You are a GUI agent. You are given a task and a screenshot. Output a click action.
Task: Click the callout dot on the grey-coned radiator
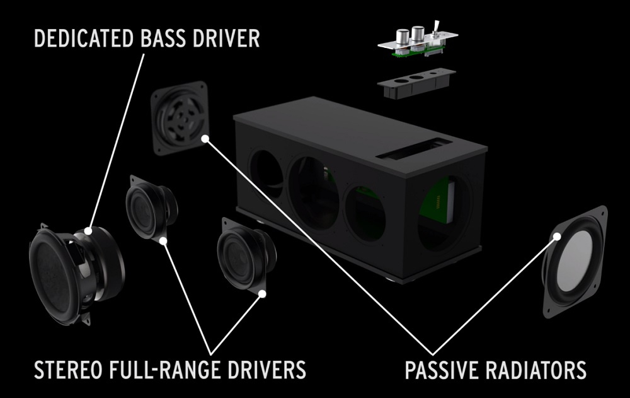coord(557,237)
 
